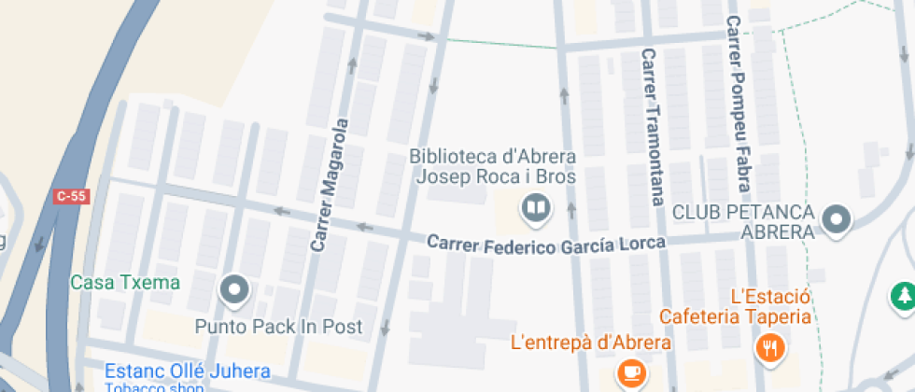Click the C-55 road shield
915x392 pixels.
[x=70, y=196]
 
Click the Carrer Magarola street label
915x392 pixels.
[x=331, y=185]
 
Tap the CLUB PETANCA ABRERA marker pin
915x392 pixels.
[x=837, y=220]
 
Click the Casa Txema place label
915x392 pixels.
[x=125, y=282]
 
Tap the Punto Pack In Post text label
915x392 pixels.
[x=278, y=327]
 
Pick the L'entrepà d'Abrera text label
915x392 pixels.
[x=591, y=343]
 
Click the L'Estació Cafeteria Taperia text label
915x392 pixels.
[x=735, y=307]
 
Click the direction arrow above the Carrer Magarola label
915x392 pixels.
[x=352, y=65]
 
